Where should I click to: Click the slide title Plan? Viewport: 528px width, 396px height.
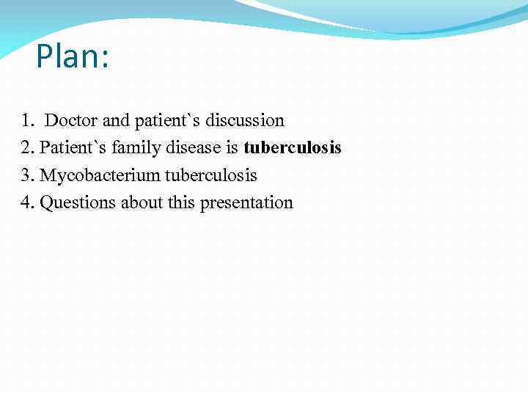click(73, 56)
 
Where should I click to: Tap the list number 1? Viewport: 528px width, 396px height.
click(26, 120)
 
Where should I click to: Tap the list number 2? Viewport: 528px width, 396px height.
click(27, 148)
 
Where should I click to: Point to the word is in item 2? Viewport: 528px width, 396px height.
click(232, 148)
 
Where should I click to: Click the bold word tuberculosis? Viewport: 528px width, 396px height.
click(293, 148)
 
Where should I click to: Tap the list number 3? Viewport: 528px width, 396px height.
click(27, 175)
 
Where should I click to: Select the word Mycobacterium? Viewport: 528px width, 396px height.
click(100, 175)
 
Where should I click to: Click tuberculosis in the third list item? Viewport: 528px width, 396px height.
click(210, 175)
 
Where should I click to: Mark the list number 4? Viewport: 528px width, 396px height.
click(27, 203)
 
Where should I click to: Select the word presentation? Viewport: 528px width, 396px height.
click(246, 203)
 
